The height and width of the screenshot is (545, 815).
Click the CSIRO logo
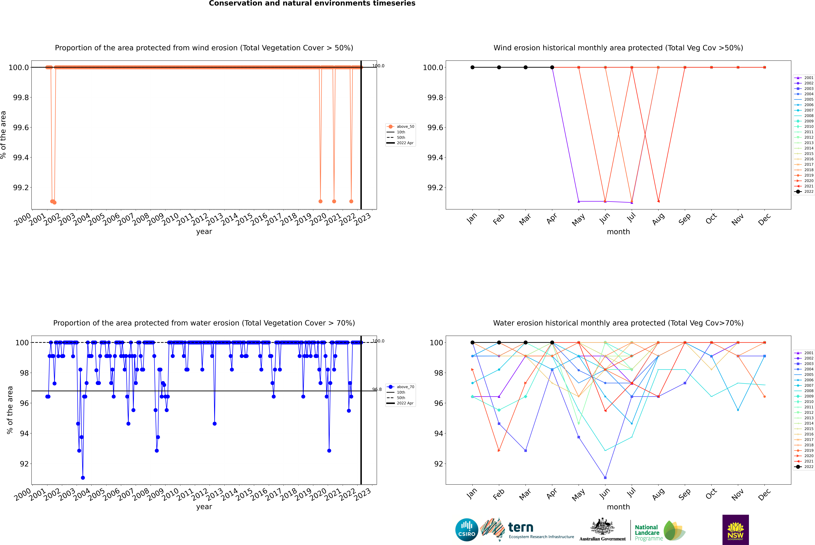[x=467, y=530]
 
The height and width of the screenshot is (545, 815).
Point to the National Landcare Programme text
[x=647, y=532]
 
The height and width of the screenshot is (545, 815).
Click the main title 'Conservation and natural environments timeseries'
[x=312, y=3]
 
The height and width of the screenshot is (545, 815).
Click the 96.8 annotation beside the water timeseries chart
[x=377, y=389]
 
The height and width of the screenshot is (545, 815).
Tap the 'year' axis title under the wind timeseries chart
[x=204, y=232]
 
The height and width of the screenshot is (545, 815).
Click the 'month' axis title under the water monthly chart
[x=618, y=507]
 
